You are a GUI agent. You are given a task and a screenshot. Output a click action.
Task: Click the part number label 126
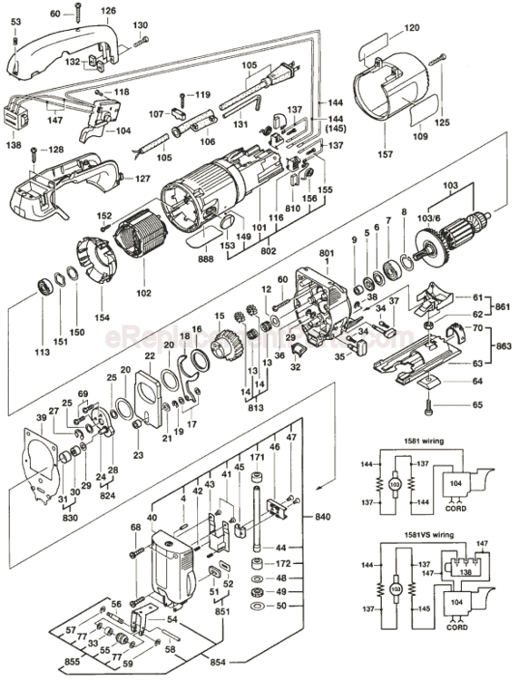(x=109, y=10)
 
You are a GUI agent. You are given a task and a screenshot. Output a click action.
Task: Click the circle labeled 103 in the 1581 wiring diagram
(x=395, y=484)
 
